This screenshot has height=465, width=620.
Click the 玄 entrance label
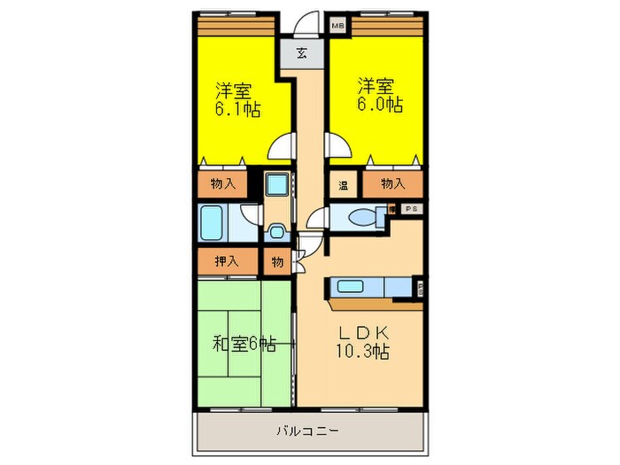302,53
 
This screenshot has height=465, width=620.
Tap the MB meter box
337,26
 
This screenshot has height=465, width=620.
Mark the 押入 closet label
227,261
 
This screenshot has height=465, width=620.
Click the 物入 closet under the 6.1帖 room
222,183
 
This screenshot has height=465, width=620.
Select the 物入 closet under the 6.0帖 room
392,183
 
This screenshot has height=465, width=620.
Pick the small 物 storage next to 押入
277,261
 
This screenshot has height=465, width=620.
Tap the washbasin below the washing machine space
276,232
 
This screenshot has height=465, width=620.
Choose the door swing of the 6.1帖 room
283,145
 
